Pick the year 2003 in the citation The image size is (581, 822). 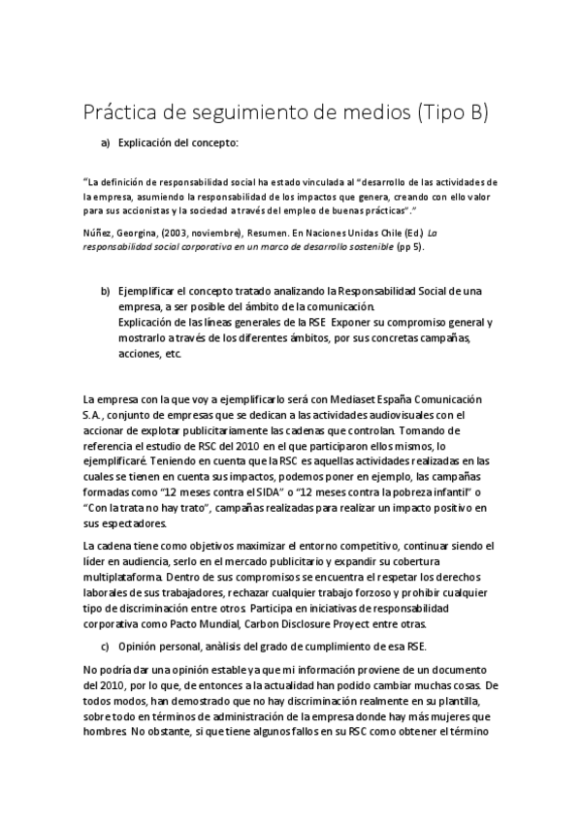click(x=190, y=233)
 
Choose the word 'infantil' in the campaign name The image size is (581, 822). click(x=438, y=491)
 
